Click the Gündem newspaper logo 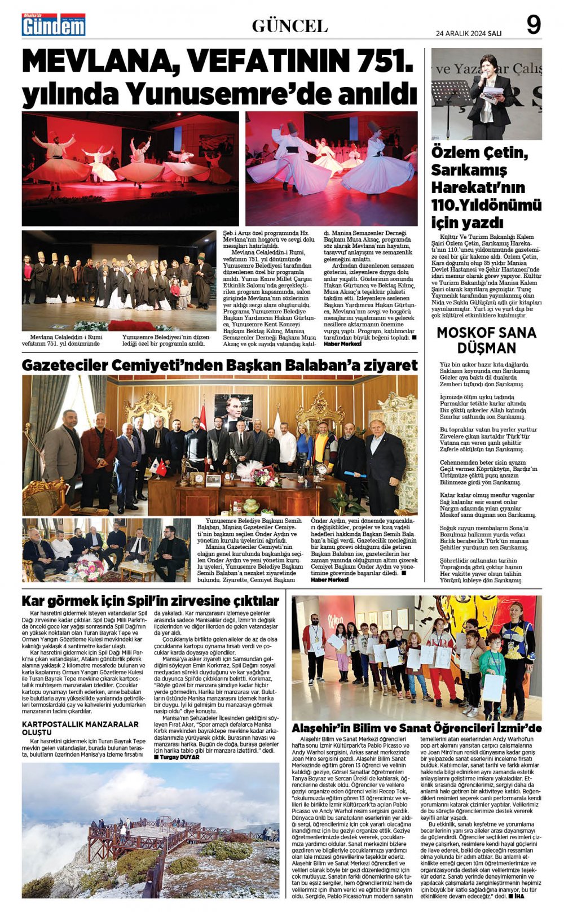point(54,25)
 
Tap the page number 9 point(533,25)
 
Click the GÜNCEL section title point(289,26)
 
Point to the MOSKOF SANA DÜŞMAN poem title point(486,340)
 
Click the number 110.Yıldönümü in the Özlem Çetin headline point(486,204)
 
